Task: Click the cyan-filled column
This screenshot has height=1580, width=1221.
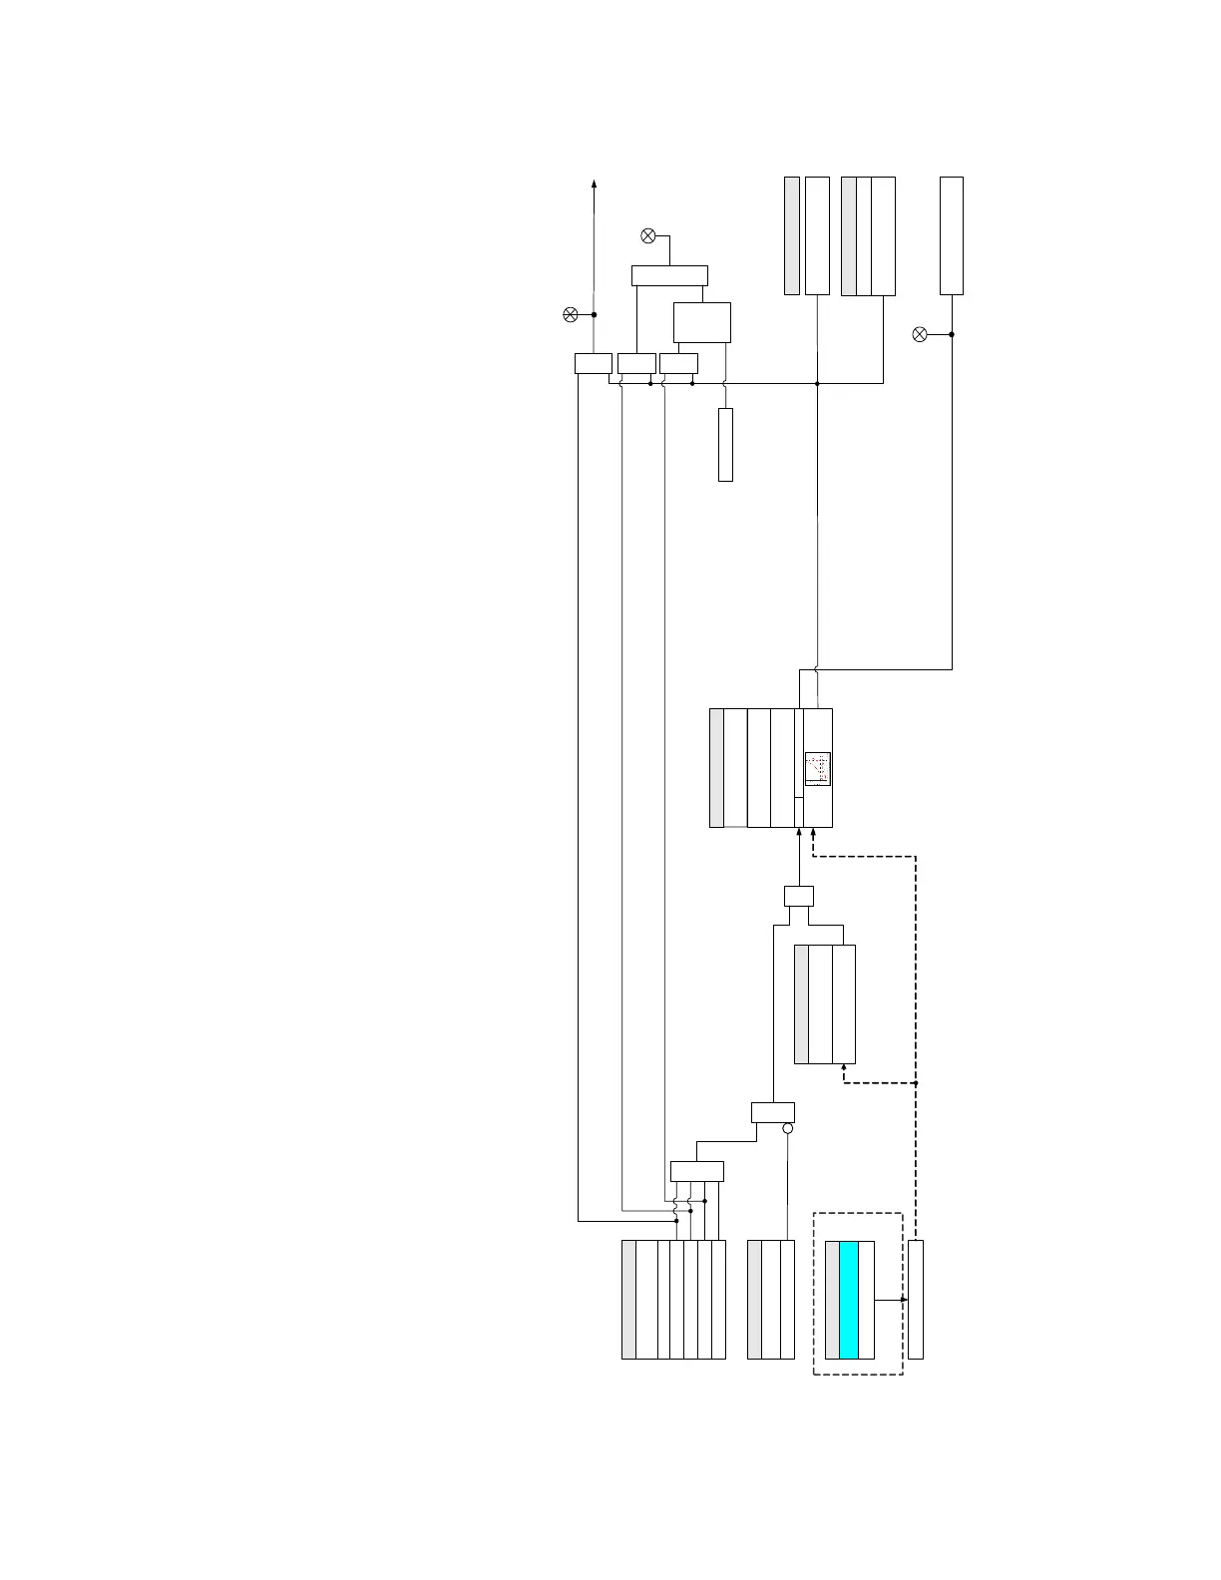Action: [x=849, y=1300]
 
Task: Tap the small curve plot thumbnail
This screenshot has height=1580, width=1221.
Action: [x=818, y=768]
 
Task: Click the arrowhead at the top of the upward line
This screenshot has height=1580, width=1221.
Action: [x=595, y=184]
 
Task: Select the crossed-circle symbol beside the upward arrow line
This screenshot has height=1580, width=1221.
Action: [x=571, y=315]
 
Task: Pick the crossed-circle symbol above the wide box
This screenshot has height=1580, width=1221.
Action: [x=647, y=236]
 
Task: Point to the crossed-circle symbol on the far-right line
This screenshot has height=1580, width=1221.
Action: [x=921, y=334]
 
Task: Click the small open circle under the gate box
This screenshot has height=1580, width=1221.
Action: [x=787, y=1128]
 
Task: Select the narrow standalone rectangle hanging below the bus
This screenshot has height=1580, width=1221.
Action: [x=725, y=444]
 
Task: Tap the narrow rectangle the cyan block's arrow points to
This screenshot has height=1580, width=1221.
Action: [x=916, y=1300]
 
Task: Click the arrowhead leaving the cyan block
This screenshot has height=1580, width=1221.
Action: [x=904, y=1300]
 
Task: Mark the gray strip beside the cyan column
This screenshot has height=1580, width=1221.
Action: [x=832, y=1300]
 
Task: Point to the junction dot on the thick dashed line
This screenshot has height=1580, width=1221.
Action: [x=916, y=1082]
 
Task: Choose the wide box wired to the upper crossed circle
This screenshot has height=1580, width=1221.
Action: [x=669, y=275]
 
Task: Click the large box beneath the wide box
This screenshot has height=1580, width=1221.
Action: [x=702, y=322]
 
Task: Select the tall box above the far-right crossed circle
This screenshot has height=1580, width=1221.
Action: [x=952, y=235]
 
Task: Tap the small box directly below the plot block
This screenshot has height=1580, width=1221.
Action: [x=799, y=896]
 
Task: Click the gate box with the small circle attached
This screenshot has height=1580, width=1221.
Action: [x=773, y=1112]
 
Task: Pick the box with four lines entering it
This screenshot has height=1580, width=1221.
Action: [x=696, y=1171]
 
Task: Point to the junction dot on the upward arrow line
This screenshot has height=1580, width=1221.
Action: [x=595, y=315]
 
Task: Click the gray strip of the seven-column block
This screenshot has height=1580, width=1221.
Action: [x=628, y=1300]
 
